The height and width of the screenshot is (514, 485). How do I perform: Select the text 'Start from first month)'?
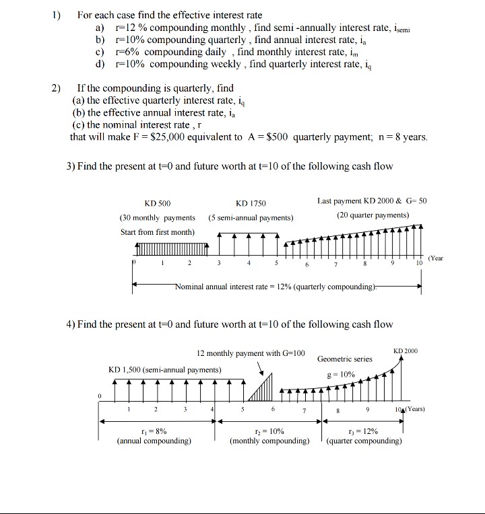(157, 232)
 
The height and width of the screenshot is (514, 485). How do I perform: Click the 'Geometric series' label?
(345, 359)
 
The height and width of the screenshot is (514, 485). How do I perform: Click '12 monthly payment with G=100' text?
(251, 353)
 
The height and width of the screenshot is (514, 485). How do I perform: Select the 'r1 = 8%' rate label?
(154, 431)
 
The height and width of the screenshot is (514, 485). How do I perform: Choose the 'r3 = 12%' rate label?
(364, 431)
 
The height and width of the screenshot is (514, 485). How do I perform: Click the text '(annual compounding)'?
(154, 441)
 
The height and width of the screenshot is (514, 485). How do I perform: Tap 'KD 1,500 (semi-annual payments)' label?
(164, 370)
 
